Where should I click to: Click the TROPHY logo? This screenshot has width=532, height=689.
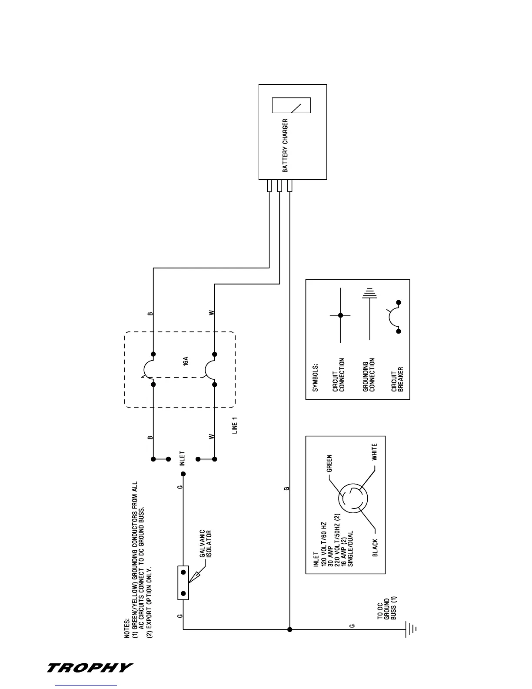click(90, 668)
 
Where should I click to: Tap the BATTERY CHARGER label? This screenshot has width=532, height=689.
click(286, 145)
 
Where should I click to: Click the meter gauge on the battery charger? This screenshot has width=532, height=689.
click(291, 106)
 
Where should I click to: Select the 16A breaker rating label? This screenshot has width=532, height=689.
click(186, 361)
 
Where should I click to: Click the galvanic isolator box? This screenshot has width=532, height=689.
click(183, 583)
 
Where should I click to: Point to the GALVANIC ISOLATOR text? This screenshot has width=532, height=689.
click(205, 544)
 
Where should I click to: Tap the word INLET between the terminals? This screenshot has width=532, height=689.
click(182, 459)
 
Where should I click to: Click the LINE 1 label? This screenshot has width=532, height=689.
click(235, 428)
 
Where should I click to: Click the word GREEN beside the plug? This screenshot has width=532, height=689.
click(329, 463)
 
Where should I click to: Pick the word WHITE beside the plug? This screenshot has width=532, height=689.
click(374, 452)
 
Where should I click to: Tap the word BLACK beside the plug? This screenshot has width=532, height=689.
click(375, 548)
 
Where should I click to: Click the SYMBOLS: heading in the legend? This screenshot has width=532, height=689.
click(316, 377)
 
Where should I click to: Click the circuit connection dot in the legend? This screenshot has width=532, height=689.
click(341, 315)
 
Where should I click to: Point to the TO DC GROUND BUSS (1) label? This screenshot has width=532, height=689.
click(386, 608)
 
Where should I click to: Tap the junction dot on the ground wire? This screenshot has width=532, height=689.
click(289, 629)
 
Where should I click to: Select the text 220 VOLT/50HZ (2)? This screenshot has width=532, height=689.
click(337, 534)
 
